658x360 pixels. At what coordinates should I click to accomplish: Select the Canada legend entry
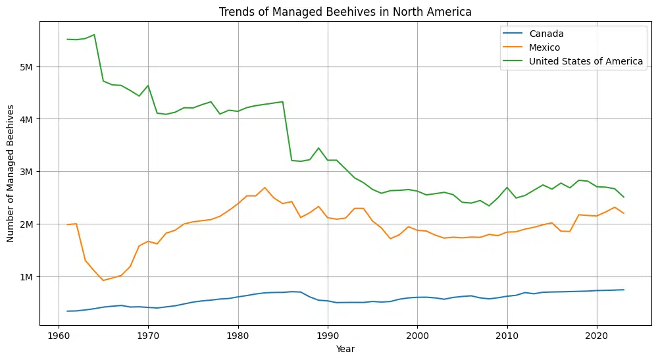[x=546, y=34]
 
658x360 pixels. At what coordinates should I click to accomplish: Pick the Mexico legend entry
[x=547, y=47]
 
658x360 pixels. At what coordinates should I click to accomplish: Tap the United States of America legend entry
[x=586, y=61]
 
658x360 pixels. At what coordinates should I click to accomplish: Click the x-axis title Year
[x=345, y=349]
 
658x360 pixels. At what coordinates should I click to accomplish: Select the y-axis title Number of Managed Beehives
[x=11, y=174]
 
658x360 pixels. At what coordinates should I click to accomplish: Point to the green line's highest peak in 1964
[x=94, y=35]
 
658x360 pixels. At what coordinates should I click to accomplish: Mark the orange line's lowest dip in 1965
[x=103, y=280]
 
